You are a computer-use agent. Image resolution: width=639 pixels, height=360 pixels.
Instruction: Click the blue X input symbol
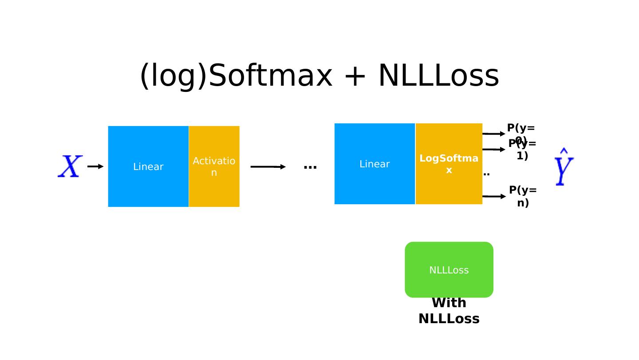[x=70, y=166]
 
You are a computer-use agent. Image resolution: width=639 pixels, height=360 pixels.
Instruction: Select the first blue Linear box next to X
[x=148, y=166]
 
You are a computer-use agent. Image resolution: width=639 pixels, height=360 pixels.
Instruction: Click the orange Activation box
[x=214, y=166]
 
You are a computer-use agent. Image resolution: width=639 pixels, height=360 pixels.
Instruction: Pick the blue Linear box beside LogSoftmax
[x=375, y=164]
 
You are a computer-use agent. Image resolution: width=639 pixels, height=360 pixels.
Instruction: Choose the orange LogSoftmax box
[x=449, y=164]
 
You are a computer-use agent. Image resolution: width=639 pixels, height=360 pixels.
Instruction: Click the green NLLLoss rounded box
[x=449, y=270]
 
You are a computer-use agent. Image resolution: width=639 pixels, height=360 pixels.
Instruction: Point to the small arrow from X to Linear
[x=95, y=166]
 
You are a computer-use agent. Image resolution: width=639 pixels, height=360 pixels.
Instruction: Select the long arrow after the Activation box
[x=268, y=167]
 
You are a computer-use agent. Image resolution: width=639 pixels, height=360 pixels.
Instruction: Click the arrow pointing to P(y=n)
[x=494, y=196]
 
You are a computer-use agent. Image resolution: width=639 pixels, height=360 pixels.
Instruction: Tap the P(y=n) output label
[x=523, y=196]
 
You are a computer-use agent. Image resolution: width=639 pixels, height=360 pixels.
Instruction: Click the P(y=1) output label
[x=522, y=150]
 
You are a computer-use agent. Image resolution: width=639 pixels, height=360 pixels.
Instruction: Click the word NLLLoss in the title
[x=438, y=76]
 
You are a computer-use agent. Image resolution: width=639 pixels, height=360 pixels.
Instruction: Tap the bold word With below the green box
[x=449, y=303]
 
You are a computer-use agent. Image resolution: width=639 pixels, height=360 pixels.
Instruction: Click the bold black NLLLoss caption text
[x=449, y=319]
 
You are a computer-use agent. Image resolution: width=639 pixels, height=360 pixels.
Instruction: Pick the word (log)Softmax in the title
[x=236, y=76]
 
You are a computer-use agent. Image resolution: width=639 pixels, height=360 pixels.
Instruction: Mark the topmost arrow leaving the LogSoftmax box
[x=493, y=134]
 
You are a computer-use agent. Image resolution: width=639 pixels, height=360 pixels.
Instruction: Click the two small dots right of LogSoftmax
[x=486, y=174]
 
